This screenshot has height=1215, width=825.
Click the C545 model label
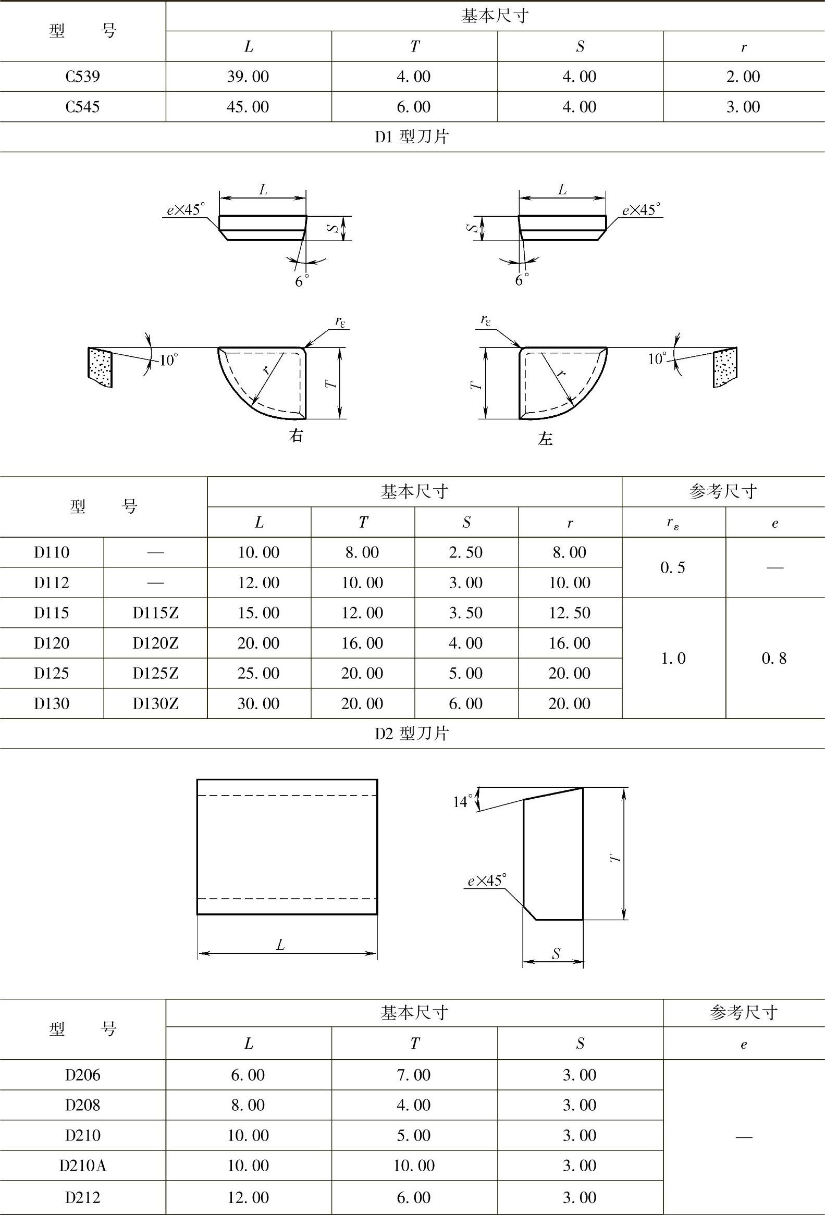click(x=83, y=107)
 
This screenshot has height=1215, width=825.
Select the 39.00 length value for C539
click(x=248, y=77)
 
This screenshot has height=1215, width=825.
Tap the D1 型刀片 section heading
click(x=412, y=137)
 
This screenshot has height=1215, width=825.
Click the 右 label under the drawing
click(x=296, y=436)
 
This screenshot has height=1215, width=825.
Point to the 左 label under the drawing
click(x=545, y=438)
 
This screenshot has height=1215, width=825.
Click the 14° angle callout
click(x=463, y=801)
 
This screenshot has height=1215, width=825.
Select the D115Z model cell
click(x=155, y=613)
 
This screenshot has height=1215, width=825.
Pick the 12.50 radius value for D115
click(x=569, y=613)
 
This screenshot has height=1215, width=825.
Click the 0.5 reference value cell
click(x=673, y=568)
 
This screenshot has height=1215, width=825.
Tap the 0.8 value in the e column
click(x=774, y=658)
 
